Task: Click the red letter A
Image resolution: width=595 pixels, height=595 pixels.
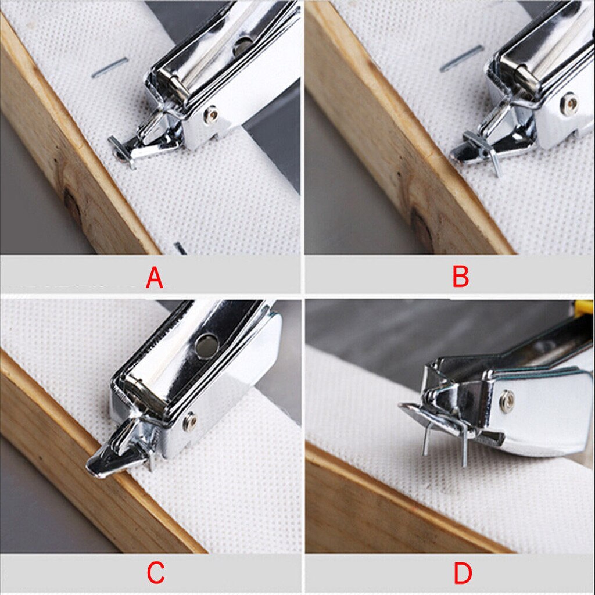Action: tap(154, 278)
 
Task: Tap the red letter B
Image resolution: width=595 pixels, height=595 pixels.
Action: tap(460, 278)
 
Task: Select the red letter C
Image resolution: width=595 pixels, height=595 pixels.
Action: tap(155, 573)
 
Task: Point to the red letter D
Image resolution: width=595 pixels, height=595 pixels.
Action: tap(463, 573)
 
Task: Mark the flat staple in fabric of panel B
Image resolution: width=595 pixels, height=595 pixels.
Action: tap(462, 59)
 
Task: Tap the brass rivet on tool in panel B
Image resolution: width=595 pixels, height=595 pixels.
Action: tap(571, 103)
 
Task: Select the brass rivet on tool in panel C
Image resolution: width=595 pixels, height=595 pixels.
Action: tap(189, 421)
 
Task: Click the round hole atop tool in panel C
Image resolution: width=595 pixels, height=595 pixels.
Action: tap(205, 346)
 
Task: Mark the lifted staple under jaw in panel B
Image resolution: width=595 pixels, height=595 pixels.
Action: tap(493, 160)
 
